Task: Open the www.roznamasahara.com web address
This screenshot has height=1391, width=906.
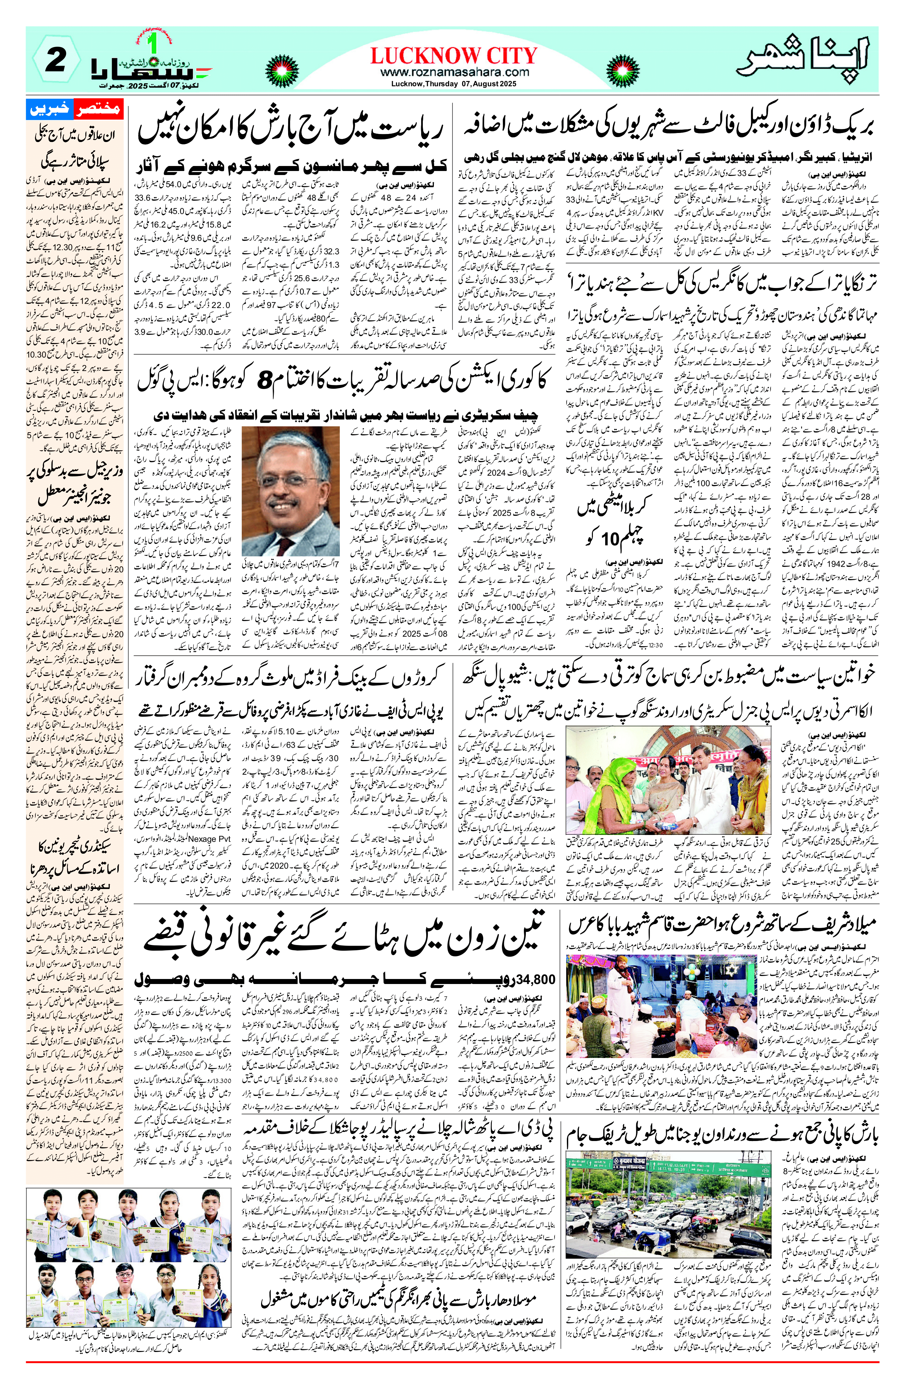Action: (x=454, y=72)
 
